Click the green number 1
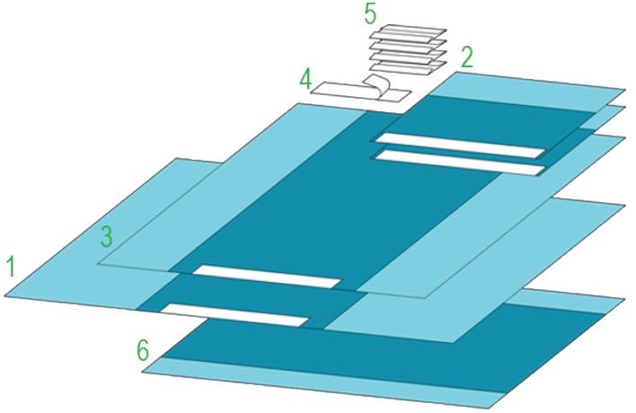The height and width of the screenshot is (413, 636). point(11,267)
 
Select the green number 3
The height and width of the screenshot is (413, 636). point(106,237)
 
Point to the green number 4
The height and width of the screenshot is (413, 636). point(306,79)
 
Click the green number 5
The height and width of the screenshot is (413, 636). point(370,14)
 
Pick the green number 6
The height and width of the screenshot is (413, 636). point(143,351)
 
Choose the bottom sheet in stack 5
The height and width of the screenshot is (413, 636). point(409,70)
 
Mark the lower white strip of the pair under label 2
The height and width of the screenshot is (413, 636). point(459,162)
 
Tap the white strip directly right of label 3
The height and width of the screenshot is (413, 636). point(267,277)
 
